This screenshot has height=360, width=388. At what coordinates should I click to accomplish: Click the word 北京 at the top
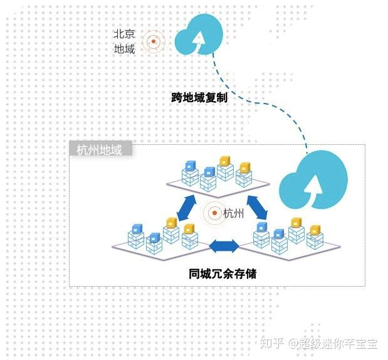tap(124, 34)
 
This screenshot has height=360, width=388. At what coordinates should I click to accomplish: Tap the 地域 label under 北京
tap(124, 48)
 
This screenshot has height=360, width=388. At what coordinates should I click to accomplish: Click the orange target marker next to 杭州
tap(214, 214)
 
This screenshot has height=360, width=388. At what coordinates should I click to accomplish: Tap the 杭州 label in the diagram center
tap(234, 214)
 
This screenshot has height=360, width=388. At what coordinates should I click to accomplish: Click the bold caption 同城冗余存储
tap(222, 273)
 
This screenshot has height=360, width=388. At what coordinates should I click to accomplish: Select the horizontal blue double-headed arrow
tap(224, 246)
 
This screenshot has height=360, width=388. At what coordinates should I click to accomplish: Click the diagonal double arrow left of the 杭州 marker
tap(186, 208)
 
